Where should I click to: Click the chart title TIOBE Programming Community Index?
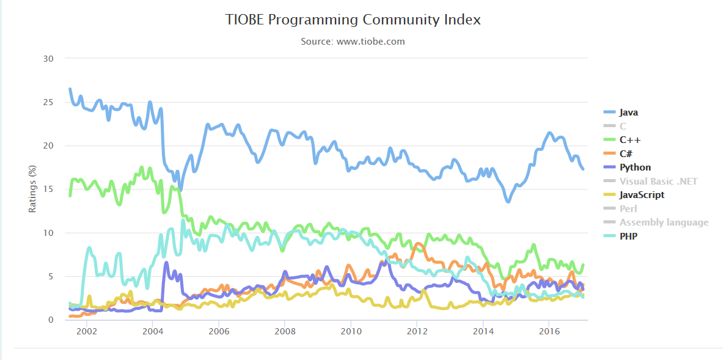pos(353,20)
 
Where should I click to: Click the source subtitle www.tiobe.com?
pos(353,42)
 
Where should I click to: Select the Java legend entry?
pos(629,112)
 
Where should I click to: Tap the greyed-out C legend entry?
pos(623,126)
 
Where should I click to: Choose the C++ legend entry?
pos(630,140)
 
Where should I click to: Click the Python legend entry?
pos(635,167)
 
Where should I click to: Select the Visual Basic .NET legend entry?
pos(658,181)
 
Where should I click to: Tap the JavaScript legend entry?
pos(642,195)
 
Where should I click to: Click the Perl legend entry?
pos(628,208)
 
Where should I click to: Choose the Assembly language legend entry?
pos(664,222)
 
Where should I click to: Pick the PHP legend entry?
pos(628,236)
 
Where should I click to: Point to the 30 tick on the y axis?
pos(48,59)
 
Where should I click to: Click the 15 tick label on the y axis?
pos(48,189)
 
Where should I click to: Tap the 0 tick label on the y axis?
pos(51,320)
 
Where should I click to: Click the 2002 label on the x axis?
pos(86,331)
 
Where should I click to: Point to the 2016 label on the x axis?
pos(549,331)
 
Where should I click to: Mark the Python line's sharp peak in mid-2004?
pos(166,263)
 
